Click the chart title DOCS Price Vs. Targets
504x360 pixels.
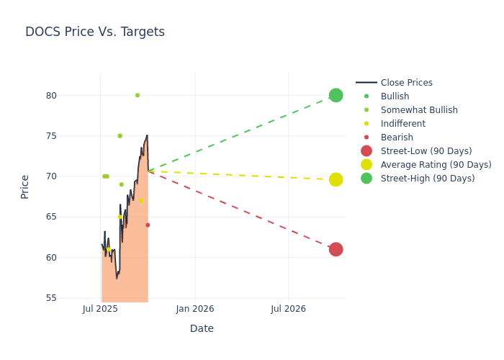(x=95, y=32)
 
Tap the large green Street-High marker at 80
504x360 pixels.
(x=336, y=95)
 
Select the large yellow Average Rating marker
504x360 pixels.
(x=336, y=179)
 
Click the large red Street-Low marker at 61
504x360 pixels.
(x=336, y=249)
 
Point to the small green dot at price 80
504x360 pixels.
(x=138, y=95)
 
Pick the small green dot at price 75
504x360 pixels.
(x=120, y=136)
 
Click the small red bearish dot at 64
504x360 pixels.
(x=148, y=225)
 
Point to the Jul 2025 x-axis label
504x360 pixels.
(x=100, y=309)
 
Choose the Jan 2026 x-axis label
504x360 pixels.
(x=194, y=309)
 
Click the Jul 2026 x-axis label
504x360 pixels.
(x=289, y=309)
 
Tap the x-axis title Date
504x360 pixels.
(x=202, y=329)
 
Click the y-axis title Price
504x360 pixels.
(x=25, y=186)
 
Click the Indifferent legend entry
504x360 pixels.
(x=402, y=124)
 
